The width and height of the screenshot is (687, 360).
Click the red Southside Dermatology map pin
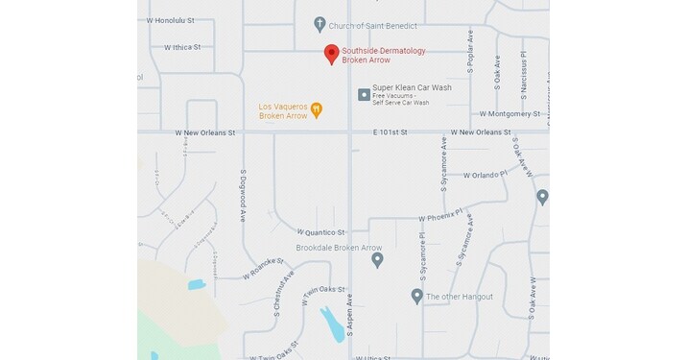coord(331,54)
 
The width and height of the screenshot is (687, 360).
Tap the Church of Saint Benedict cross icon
coord(320,24)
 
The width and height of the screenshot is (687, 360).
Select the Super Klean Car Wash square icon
coord(364,94)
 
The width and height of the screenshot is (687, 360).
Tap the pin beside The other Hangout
coord(416,296)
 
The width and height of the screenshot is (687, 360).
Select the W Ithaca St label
coord(182,46)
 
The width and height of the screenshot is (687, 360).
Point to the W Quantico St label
coord(320,231)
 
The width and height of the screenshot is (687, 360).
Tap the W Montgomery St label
coord(510,113)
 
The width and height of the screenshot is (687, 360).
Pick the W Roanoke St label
coord(265,268)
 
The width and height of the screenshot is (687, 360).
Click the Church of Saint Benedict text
coord(373,25)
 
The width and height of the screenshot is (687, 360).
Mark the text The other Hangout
coord(460,297)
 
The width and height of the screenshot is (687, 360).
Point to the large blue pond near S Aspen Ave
coord(332,325)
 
